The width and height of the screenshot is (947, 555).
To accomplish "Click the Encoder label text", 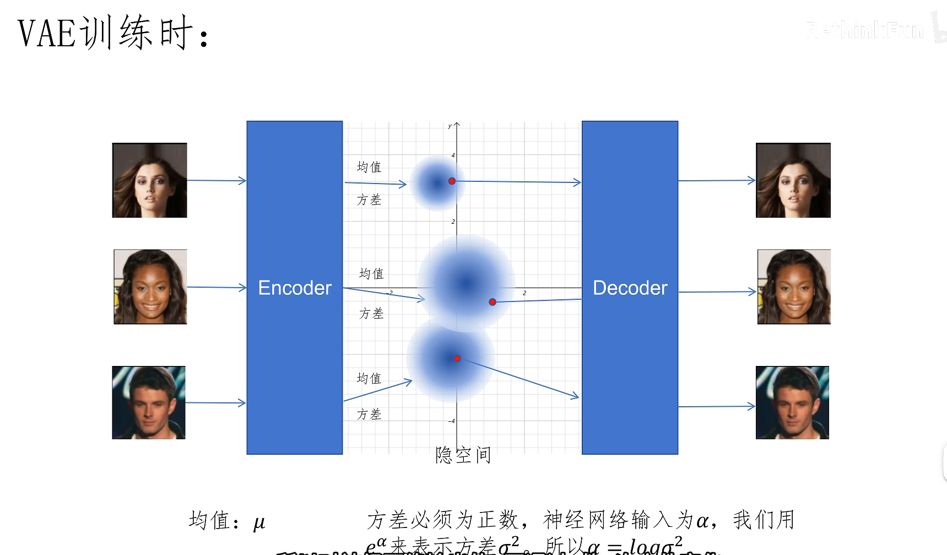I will point(295,288).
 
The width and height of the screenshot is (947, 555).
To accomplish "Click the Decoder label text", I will point(630,288).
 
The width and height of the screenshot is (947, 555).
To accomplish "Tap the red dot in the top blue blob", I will point(452,181).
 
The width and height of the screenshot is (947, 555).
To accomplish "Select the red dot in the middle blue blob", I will point(493,302).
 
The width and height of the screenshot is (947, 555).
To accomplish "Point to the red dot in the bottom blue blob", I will point(457,358).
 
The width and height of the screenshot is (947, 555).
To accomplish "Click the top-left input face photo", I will point(150,180).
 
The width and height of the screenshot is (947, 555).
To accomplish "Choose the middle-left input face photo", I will point(150,287).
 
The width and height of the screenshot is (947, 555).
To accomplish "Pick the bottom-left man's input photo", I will point(149,402).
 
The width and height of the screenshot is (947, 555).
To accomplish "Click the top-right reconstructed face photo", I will point(793,180).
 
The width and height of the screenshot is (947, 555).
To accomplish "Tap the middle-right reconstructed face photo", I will point(794,287).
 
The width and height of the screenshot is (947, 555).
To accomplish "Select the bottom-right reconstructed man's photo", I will point(792,402).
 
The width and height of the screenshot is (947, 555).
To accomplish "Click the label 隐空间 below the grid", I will point(463,455).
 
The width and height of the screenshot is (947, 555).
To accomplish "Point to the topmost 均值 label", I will point(369,166).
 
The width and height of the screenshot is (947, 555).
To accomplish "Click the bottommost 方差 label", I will point(369,414).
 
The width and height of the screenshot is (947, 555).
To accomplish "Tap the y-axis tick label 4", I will point(453,155).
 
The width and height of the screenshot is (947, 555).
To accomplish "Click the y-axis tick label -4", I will point(452,421).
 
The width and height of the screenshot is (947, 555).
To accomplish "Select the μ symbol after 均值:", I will point(259,522).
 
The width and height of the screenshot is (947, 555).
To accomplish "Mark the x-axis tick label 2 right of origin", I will point(524,293).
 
